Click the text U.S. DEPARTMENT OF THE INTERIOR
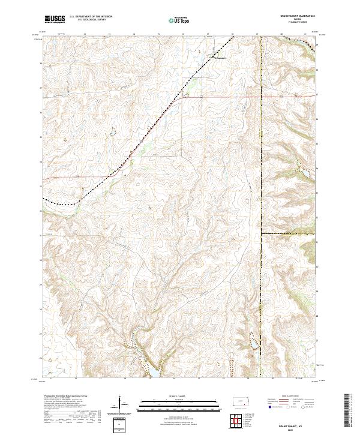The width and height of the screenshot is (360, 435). [91, 17]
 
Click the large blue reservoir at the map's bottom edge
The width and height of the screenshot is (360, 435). [151, 373]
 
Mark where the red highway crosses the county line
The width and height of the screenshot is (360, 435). [262, 95]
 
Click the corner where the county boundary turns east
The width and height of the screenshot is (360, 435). [262, 233]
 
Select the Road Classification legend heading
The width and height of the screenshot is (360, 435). [289, 397]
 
